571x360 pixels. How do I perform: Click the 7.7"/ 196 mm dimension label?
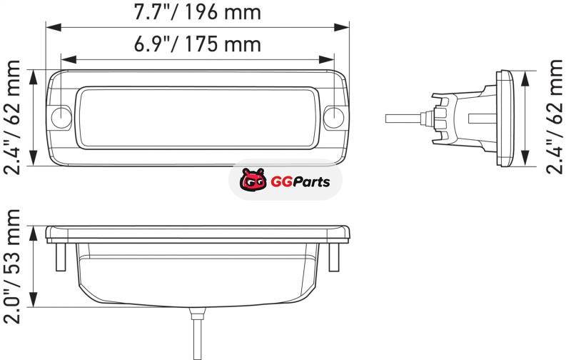point(198,12)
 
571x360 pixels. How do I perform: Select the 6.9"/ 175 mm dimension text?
point(198,44)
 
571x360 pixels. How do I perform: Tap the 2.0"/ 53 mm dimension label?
point(12,266)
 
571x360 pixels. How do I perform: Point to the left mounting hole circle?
point(61,117)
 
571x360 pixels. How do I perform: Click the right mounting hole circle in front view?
point(333,117)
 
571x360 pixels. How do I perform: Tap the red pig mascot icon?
point(253,179)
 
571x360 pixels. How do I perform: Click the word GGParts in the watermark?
point(300,181)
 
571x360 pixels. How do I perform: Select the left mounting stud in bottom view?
point(61,257)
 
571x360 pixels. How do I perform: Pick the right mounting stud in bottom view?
point(334,257)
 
